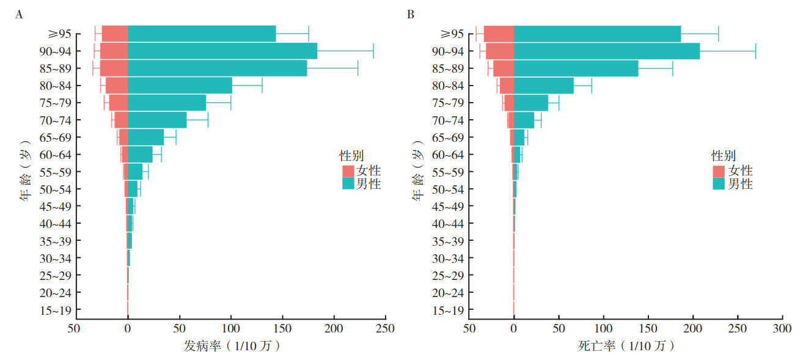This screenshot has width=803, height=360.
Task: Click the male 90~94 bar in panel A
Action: point(222,51)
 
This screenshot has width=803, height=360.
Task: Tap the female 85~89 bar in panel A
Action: point(114,68)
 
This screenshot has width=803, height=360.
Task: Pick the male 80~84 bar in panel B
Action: point(544,86)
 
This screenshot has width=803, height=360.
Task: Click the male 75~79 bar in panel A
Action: point(167,103)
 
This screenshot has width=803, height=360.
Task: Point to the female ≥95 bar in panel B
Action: point(499,34)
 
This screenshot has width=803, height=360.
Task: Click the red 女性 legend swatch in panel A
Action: point(348,171)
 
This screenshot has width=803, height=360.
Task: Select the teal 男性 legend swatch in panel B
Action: point(719,183)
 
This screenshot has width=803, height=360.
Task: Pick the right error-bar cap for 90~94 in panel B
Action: point(756,51)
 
